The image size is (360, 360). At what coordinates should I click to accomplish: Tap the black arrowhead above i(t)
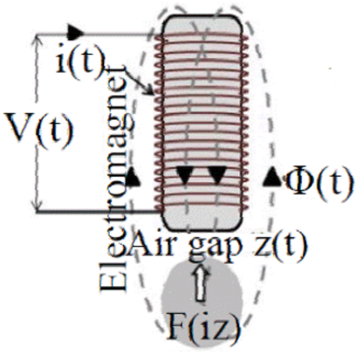click(75, 31)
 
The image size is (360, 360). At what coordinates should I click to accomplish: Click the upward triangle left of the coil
click(132, 177)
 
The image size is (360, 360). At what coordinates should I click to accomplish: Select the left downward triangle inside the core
click(185, 174)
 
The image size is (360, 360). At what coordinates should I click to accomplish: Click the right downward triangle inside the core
click(217, 174)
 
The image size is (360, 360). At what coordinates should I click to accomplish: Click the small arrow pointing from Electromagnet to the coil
click(146, 86)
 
